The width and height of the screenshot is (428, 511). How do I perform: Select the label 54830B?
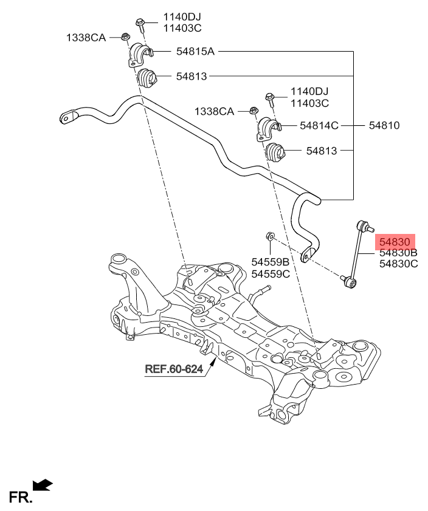pyautogui.click(x=398, y=252)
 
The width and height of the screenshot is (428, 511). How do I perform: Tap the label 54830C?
pyautogui.click(x=398, y=264)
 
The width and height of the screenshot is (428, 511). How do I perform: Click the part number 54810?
pyautogui.click(x=384, y=126)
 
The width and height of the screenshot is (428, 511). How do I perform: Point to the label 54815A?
pyautogui.click(x=195, y=52)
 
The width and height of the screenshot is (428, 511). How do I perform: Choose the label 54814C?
pyautogui.click(x=319, y=126)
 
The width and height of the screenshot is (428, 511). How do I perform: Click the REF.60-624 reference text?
pyautogui.click(x=173, y=369)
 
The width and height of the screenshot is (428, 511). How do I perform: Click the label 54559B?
pyautogui.click(x=270, y=262)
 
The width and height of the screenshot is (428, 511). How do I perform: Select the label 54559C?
pyautogui.click(x=270, y=273)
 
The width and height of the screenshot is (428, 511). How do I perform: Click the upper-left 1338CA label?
pyautogui.click(x=86, y=38)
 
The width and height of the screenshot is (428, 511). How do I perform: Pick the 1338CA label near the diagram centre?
pyautogui.click(x=214, y=111)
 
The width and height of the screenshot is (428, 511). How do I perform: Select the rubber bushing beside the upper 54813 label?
pyautogui.click(x=146, y=78)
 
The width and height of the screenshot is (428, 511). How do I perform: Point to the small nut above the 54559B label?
pyautogui.click(x=270, y=236)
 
